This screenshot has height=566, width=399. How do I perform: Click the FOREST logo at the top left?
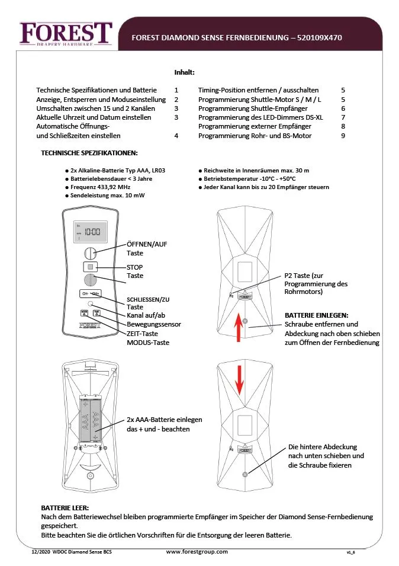tap(66, 33)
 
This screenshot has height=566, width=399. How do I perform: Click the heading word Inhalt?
tap(184, 72)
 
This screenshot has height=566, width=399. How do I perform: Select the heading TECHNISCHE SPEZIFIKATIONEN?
tap(89, 153)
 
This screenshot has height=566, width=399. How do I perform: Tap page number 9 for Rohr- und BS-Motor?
tap(343, 136)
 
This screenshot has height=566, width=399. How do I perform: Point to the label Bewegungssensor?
tap(154, 324)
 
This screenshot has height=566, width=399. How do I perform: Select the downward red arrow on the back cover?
tap(239, 380)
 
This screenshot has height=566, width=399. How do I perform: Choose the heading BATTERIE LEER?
tap(65, 508)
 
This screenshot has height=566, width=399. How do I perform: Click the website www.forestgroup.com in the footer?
tap(197, 552)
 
